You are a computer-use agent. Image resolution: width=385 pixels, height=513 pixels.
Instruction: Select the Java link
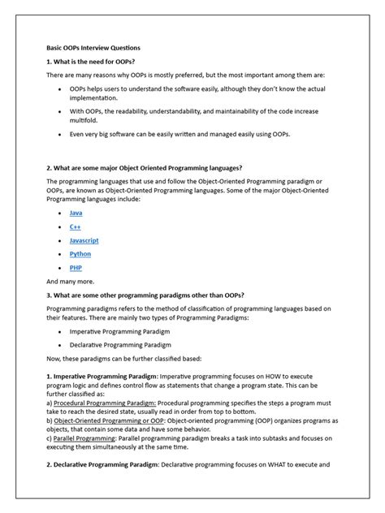tap(76, 213)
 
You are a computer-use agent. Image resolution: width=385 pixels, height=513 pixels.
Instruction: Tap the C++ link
tap(75, 226)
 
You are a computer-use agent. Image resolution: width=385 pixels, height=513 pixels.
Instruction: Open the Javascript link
tap(84, 240)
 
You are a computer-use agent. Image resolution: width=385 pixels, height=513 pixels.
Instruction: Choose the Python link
tap(80, 254)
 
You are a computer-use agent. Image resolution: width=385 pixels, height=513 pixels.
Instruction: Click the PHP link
tap(76, 267)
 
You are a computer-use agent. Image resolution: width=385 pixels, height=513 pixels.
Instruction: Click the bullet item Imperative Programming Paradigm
tap(124, 331)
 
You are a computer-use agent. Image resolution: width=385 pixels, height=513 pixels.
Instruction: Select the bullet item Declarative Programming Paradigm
tap(124, 344)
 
